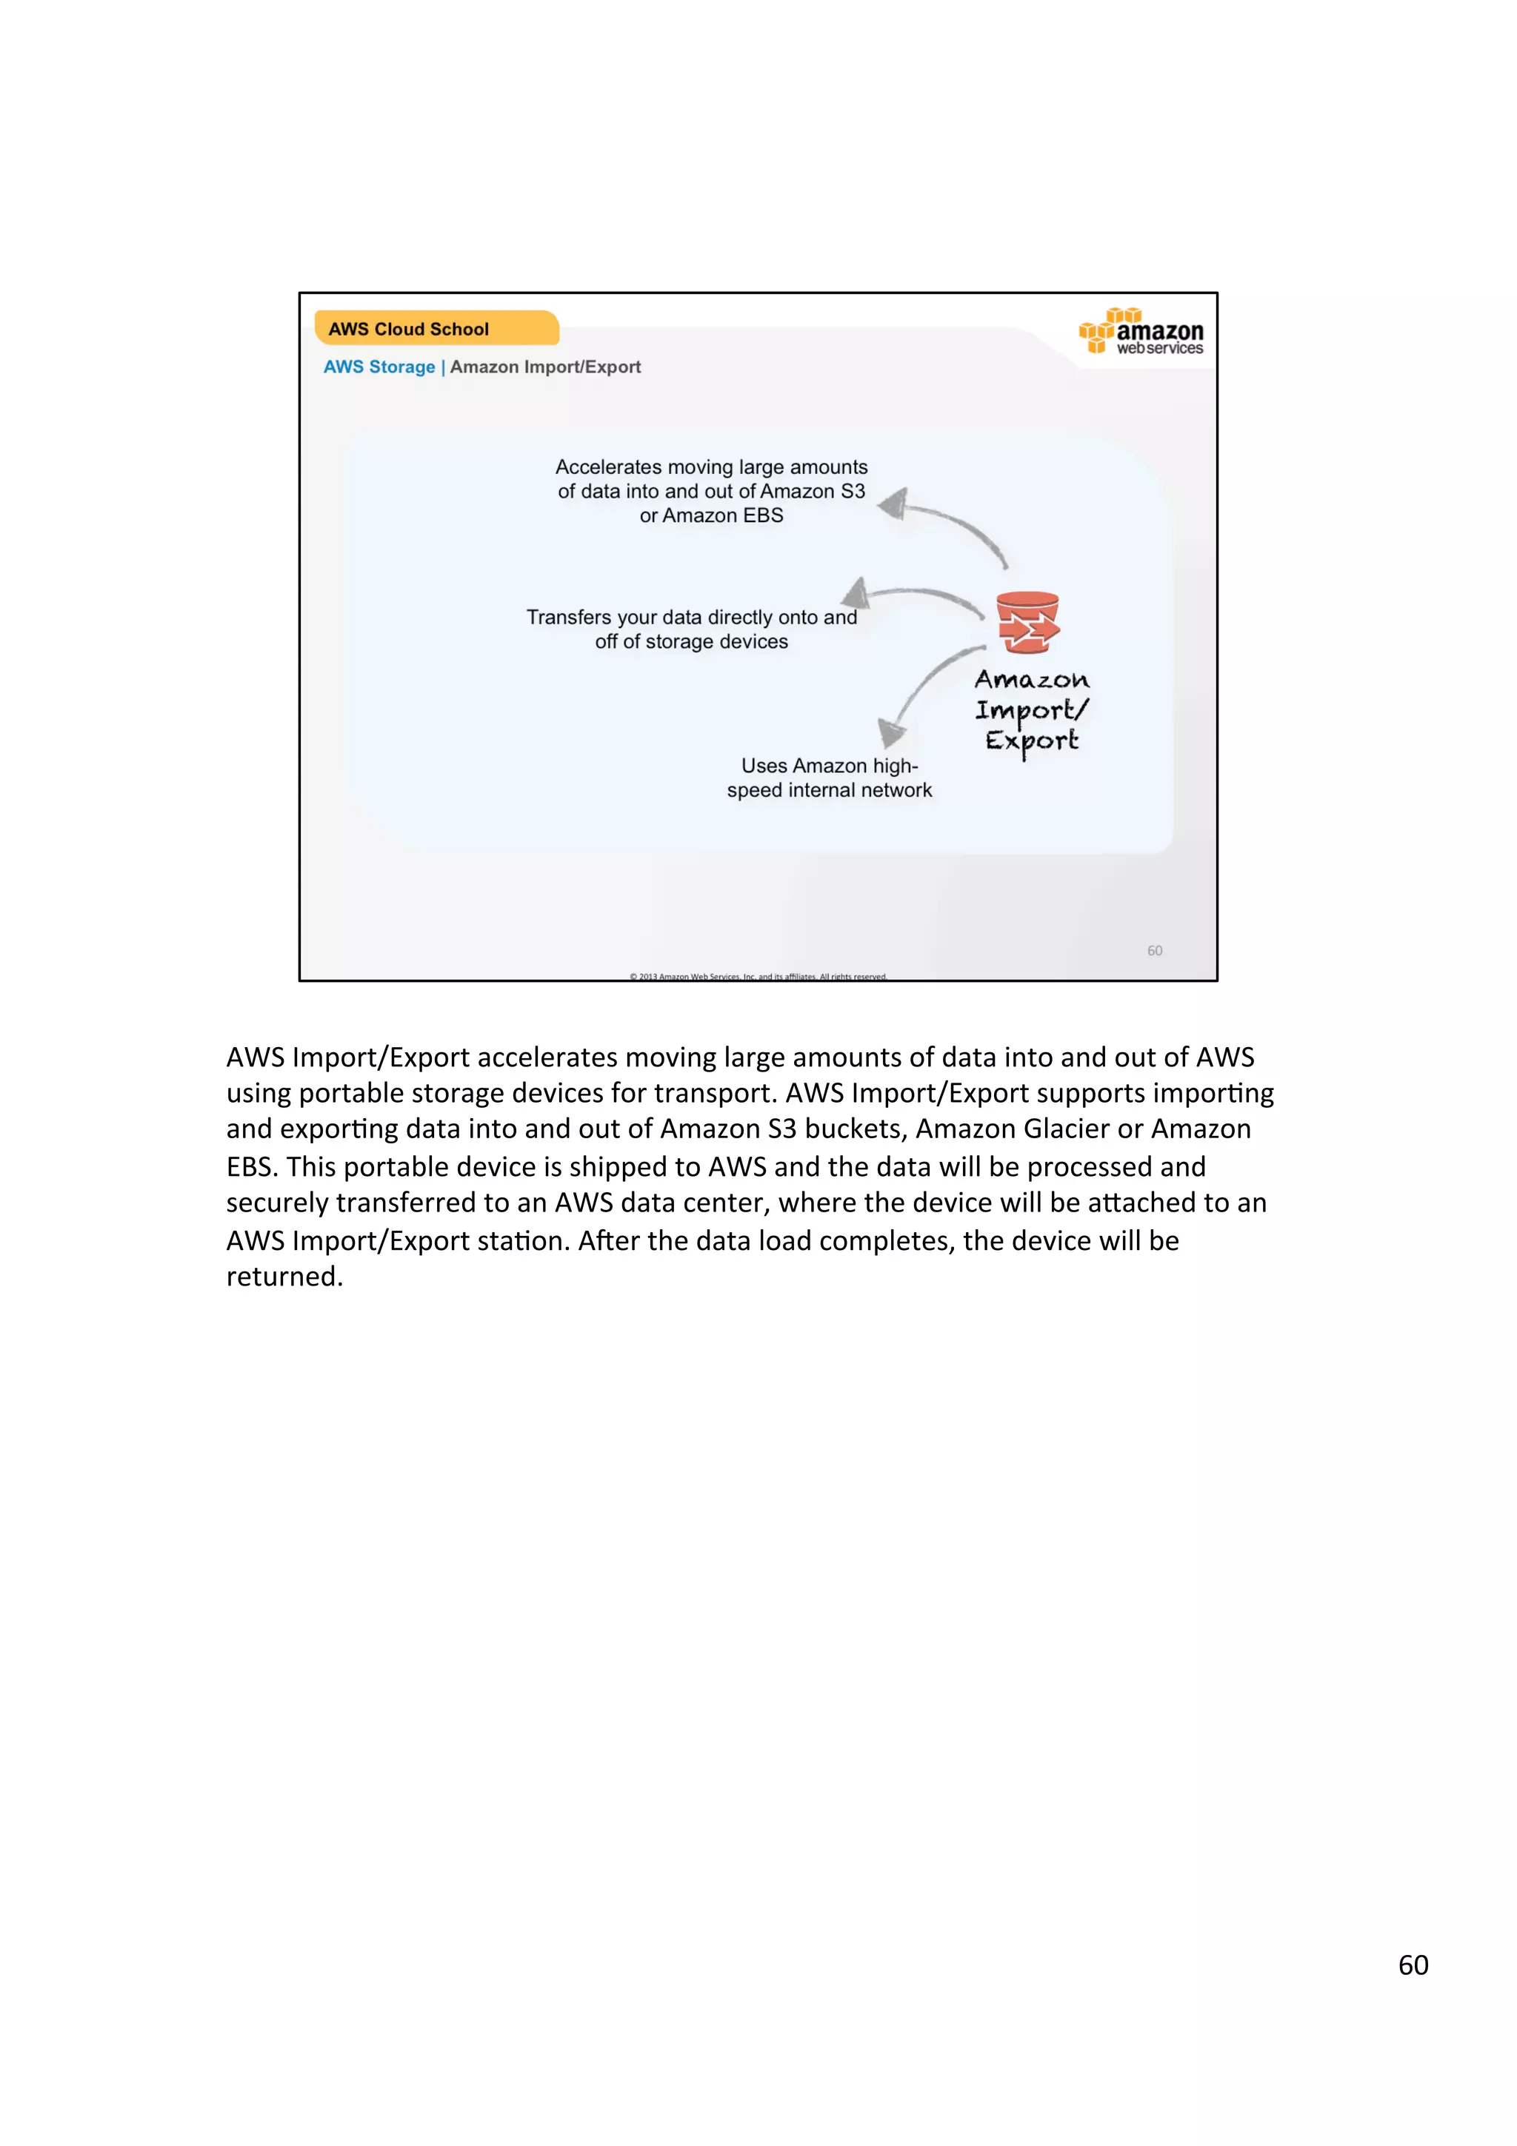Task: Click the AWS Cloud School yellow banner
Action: click(x=436, y=328)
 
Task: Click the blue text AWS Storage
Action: click(x=379, y=367)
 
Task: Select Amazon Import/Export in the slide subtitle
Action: click(x=545, y=367)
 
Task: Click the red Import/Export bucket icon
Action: click(x=1027, y=623)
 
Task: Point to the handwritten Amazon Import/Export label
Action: click(x=1032, y=710)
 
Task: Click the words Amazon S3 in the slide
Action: click(x=813, y=492)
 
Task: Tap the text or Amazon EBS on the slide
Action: click(x=711, y=516)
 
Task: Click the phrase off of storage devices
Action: click(x=691, y=642)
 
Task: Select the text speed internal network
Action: click(x=829, y=791)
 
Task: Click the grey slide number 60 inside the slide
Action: click(x=1154, y=951)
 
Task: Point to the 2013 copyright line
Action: click(x=757, y=976)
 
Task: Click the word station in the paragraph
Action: click(x=521, y=1240)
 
